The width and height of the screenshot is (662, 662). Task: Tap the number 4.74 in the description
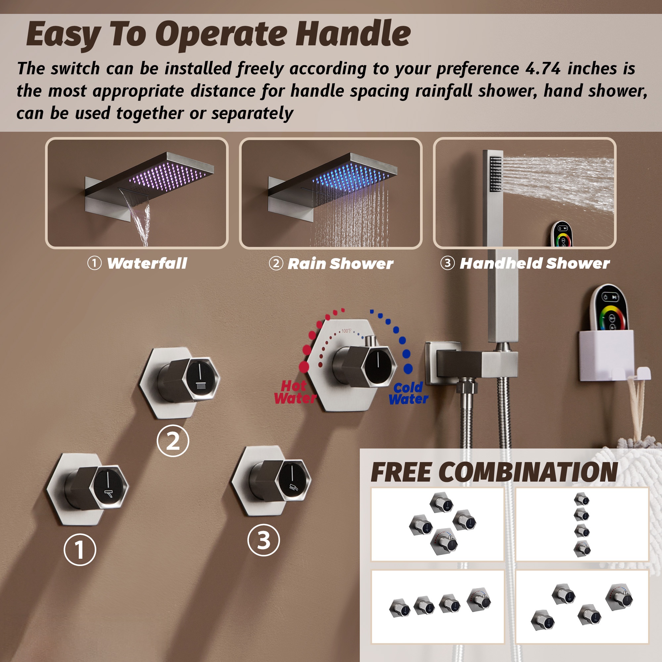tap(543, 68)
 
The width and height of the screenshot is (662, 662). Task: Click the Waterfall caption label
tap(147, 263)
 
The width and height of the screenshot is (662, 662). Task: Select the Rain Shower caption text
tap(340, 264)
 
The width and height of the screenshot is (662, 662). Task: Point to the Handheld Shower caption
tap(535, 263)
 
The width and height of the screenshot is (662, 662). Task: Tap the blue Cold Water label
tap(408, 393)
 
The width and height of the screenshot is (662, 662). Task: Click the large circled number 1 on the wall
tap(80, 549)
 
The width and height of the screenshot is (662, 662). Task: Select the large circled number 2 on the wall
tap(173, 441)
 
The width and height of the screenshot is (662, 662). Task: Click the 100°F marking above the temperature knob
tap(346, 331)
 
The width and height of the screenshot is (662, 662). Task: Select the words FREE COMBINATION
tap(494, 473)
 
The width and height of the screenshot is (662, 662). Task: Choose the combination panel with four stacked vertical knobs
tap(582, 524)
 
